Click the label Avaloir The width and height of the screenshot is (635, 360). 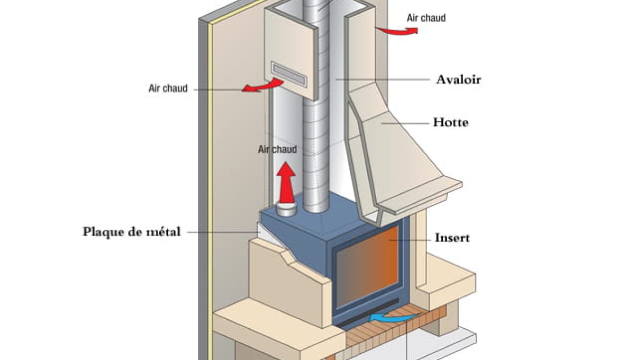pos(458,79)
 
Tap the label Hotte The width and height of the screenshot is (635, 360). pos(450,122)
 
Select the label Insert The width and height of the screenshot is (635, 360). pos(452,238)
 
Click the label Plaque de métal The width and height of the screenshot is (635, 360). pos(132,231)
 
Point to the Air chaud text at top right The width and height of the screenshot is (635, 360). pos(426,17)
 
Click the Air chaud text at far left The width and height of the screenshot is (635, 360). pos(168,88)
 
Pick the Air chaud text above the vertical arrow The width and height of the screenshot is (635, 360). pos(277,149)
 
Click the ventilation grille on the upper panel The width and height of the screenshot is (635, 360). pos(288,73)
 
